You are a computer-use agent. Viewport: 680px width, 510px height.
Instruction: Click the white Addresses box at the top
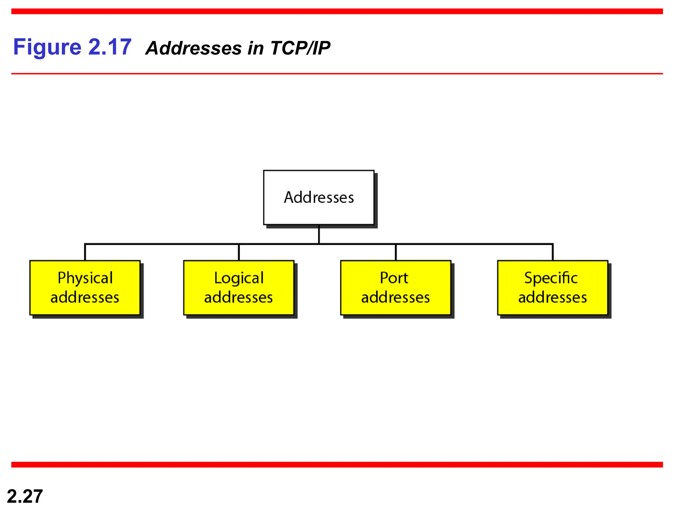tap(319, 197)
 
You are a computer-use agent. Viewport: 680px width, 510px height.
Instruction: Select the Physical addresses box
tap(85, 288)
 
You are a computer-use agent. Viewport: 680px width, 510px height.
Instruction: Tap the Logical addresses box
tap(239, 288)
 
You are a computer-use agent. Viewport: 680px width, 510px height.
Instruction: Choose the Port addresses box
tap(395, 288)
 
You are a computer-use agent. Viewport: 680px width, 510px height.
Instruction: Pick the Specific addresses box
tap(552, 288)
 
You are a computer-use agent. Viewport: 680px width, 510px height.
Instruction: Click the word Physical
tap(85, 278)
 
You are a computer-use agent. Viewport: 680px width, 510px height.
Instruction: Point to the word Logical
tap(239, 278)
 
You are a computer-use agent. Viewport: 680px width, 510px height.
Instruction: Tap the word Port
tap(394, 278)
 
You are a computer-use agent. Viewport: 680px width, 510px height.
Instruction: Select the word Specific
tap(551, 278)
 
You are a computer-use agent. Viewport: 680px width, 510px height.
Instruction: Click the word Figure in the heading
tap(47, 47)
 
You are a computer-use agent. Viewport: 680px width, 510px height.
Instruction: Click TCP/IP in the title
tap(300, 48)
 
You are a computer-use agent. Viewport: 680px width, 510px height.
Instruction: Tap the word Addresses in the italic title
tap(194, 48)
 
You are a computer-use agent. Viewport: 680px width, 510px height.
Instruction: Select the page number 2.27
tap(25, 496)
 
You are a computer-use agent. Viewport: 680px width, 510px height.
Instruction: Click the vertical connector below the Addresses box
tap(319, 234)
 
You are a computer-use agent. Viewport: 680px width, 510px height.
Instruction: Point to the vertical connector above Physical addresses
tap(85, 252)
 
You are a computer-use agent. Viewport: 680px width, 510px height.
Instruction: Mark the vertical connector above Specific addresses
tap(552, 252)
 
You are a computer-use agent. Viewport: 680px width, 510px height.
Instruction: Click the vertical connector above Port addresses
tap(395, 252)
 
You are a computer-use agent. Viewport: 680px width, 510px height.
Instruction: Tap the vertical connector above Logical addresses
tap(239, 252)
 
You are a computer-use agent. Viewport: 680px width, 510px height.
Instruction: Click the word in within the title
tap(256, 48)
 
